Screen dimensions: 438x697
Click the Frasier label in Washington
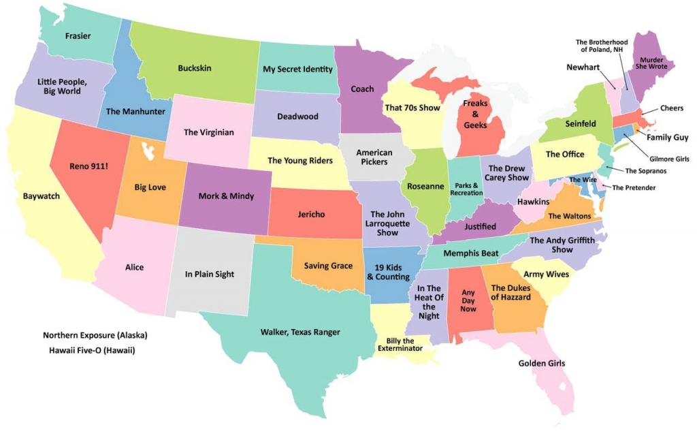pos(78,36)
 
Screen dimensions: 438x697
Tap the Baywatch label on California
pos(42,196)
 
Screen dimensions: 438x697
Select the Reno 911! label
pos(89,166)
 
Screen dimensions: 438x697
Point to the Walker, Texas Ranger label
pos(300,332)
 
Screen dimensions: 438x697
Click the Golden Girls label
pos(542,363)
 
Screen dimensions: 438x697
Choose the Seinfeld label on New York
pos(581,124)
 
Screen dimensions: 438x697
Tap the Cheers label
pos(672,108)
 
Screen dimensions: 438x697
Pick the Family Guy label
pos(667,138)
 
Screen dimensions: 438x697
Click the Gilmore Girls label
pos(669,159)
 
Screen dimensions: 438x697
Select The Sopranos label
pos(645,171)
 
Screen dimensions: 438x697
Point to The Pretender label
pos(634,188)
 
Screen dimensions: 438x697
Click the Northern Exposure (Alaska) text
pos(95,335)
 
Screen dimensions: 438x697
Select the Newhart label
pos(583,67)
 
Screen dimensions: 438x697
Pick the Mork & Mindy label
pos(226,196)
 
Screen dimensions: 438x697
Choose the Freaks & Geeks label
pos(476,114)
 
